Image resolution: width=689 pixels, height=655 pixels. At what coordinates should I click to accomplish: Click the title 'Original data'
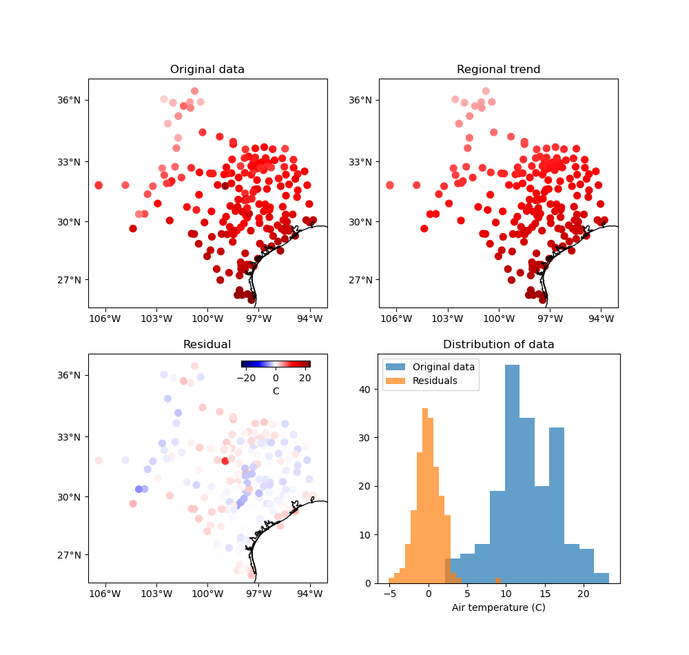[207, 70]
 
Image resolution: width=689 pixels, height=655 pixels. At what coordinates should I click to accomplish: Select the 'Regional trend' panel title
[498, 70]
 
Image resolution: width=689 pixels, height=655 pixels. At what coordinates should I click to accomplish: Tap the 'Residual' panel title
[207, 345]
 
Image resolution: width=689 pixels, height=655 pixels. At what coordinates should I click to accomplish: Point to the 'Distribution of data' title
[498, 345]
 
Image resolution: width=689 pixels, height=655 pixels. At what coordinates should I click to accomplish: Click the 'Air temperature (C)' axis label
[498, 607]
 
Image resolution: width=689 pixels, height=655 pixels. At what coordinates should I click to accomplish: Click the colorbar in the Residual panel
[276, 364]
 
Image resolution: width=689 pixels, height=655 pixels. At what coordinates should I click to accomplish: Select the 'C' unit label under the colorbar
[276, 391]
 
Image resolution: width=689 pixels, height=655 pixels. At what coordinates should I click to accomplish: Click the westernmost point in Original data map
[99, 185]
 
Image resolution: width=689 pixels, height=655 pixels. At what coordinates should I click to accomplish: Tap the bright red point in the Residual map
[225, 461]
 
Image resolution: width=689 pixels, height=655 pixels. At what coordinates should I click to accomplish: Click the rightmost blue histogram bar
[601, 578]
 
